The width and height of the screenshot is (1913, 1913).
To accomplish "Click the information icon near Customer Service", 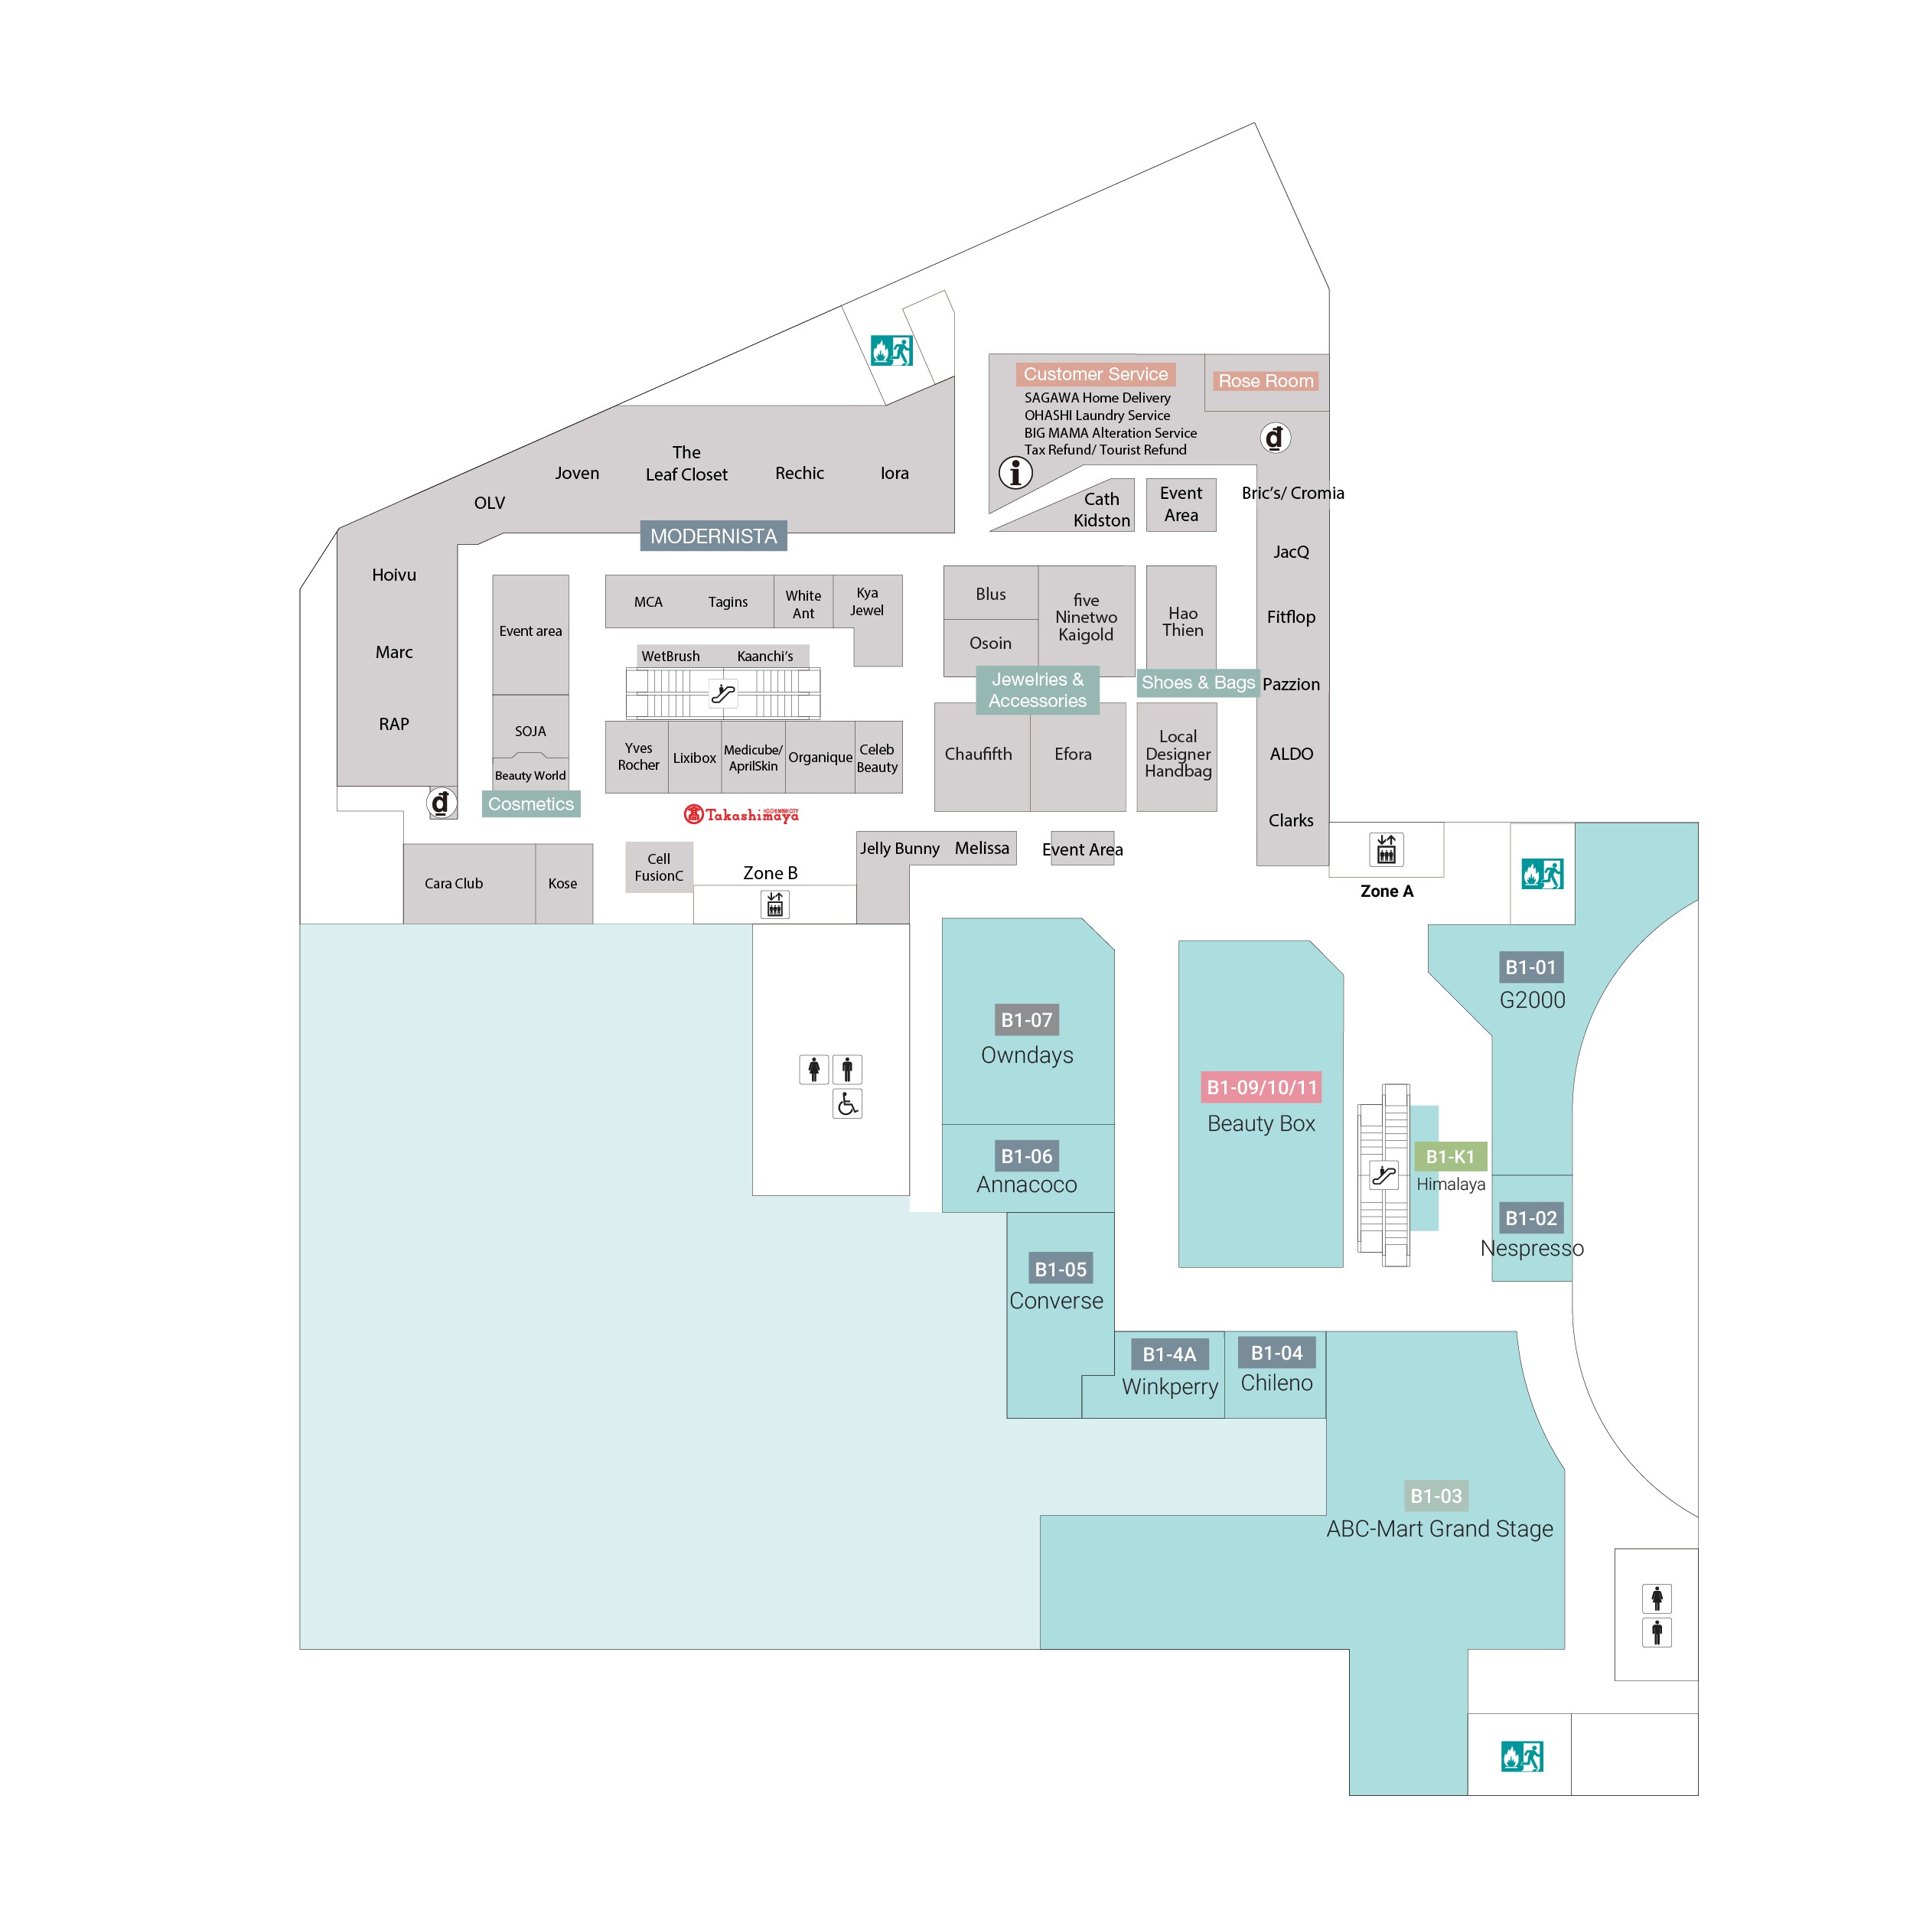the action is (1015, 472).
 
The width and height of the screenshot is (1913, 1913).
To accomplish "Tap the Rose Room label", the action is (1266, 381).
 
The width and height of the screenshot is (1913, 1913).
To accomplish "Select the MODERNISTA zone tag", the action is (713, 536).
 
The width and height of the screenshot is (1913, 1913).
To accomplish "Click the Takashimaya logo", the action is (741, 814).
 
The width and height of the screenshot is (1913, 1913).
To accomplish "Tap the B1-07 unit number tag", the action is (1026, 1020).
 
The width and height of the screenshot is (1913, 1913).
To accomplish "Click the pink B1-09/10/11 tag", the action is (1262, 1087).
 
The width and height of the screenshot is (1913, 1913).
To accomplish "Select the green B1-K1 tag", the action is (1449, 1156).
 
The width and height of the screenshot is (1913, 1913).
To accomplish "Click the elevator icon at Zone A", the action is (1387, 849).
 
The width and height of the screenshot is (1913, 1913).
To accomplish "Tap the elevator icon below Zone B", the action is (775, 903).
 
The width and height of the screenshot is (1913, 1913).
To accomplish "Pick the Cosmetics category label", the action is (531, 804).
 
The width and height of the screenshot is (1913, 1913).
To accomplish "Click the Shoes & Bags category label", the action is (1198, 683).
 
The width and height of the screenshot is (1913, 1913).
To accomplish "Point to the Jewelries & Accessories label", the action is (1038, 690).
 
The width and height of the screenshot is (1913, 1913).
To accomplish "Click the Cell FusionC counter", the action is (659, 868).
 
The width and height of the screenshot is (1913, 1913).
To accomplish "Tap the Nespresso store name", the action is (1532, 1249).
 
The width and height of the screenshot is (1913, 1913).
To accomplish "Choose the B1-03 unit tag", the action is (1436, 1495).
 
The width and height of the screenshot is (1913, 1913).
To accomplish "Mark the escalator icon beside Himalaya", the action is (1383, 1175).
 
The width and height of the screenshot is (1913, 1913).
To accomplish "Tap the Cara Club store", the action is (454, 883).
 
